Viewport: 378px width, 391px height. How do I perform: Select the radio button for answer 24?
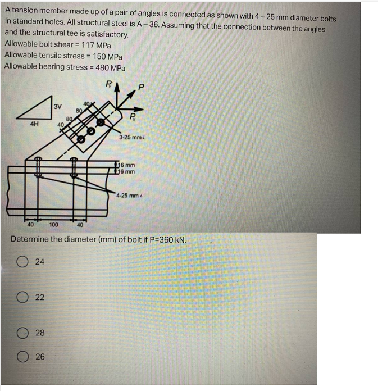[x=22, y=261]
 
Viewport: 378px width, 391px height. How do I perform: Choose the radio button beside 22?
[x=22, y=297]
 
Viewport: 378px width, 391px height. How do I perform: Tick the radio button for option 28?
[x=22, y=333]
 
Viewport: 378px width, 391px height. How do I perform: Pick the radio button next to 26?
[x=22, y=357]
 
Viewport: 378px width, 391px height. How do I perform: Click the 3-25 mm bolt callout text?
[x=132, y=137]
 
